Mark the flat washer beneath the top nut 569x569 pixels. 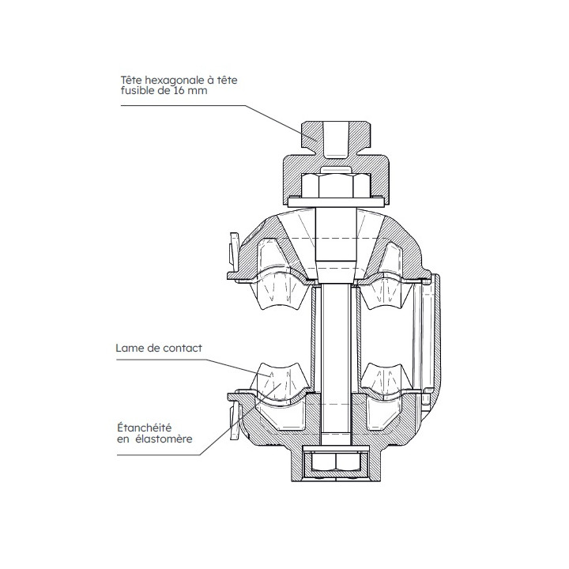336,203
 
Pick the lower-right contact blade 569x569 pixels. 388,378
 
